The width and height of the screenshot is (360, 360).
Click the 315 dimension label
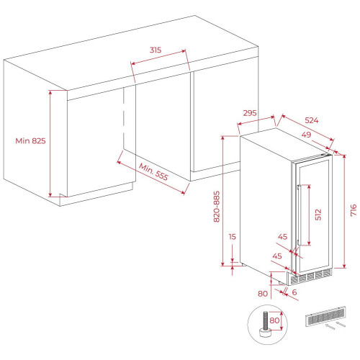pos(156,50)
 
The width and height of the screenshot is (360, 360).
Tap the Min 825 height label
pos(30,140)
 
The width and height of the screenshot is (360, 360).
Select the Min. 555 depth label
pos(153,171)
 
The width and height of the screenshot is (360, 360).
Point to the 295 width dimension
pos(250,113)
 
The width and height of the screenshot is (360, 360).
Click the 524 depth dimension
pos(312,120)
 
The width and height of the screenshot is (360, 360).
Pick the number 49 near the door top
pos(306,135)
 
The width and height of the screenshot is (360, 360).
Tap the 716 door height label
pos(354,210)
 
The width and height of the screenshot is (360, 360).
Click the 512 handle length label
pos(318,215)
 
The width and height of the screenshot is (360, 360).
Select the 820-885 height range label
pos(217,207)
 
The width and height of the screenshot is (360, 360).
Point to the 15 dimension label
pos(232,237)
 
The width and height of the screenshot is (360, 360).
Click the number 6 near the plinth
pos(294,292)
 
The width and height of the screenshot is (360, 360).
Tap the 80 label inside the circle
pos(274,320)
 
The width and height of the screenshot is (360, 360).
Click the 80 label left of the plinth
pos(263,294)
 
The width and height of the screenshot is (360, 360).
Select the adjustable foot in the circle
pos(265,325)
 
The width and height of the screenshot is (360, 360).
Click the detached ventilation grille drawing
pos(325,316)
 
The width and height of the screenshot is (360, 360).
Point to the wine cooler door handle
pos(299,215)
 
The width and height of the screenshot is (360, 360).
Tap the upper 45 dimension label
pos(282,237)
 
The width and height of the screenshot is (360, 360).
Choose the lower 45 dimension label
pos(277,256)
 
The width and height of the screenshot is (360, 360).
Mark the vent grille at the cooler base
pos(311,276)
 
